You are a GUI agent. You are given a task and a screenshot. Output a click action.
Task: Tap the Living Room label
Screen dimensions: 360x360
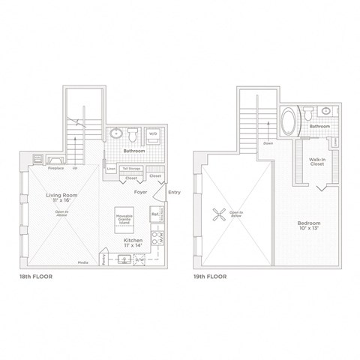[x=58, y=197]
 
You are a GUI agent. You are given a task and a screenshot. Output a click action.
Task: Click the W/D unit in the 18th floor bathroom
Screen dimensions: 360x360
[x=153, y=135]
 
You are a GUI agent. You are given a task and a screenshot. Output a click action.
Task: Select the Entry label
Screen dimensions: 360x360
[x=175, y=191]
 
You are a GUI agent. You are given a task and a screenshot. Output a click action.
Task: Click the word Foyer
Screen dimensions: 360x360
[x=140, y=191]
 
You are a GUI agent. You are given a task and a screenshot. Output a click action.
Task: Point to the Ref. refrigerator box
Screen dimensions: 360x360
[x=155, y=214]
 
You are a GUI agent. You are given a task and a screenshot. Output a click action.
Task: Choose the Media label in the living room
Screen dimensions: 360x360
[x=82, y=262]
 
